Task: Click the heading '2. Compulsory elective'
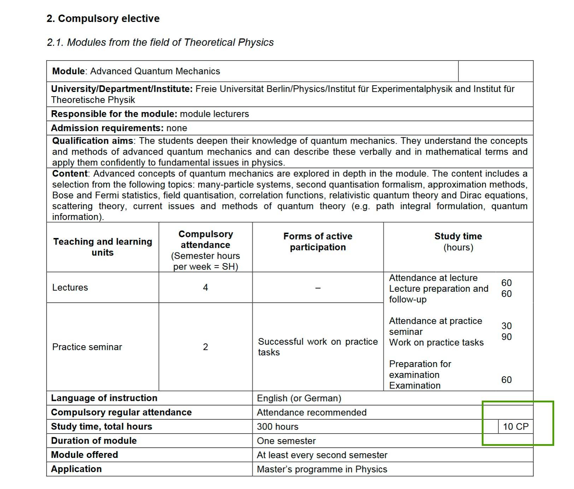[x=103, y=18]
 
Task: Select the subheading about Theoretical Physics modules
[x=160, y=42]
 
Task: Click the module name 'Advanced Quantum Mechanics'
[x=155, y=71]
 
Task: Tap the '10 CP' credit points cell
[x=515, y=426]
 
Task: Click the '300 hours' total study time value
[x=277, y=427]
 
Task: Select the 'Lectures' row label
[x=70, y=287]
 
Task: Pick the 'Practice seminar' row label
[x=87, y=347]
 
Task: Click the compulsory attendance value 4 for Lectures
[x=205, y=287]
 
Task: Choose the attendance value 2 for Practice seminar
[x=205, y=347]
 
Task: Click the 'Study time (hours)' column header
[x=458, y=241]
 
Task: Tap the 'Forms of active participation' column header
[x=318, y=241]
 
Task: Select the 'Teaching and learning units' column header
[x=102, y=247]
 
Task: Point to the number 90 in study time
[x=506, y=337]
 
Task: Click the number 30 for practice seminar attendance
[x=506, y=326]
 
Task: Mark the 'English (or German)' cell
[x=299, y=398]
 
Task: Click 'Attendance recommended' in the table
[x=311, y=412]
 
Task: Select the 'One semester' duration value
[x=286, y=441]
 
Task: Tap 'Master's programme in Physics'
[x=322, y=469]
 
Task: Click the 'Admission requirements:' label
[x=107, y=128]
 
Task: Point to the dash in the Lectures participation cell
[x=318, y=288]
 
